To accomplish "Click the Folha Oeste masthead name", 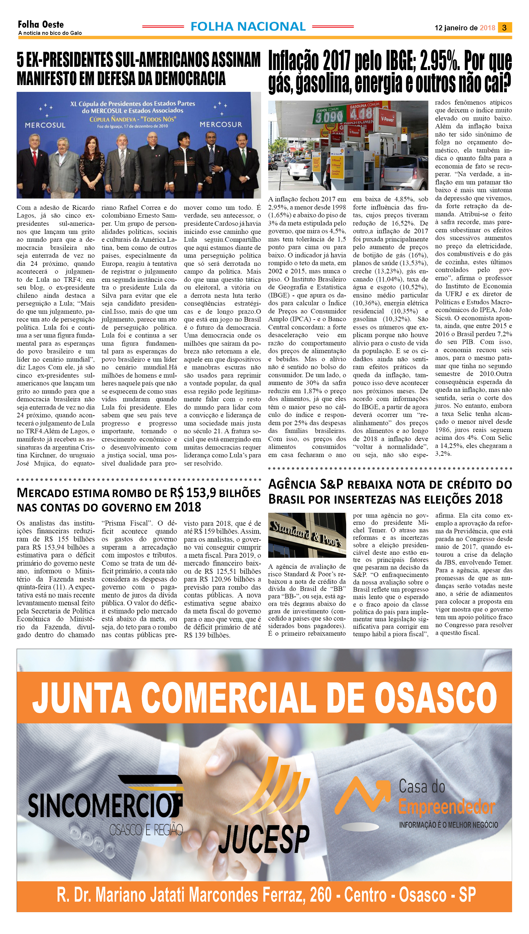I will (41, 24).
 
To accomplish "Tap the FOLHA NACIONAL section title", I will (248, 26).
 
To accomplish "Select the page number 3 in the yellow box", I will (504, 28).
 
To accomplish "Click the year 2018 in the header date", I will (487, 28).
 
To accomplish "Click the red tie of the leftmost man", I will (35, 158).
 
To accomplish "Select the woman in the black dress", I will (92, 167).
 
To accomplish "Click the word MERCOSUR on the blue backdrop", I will (221, 124).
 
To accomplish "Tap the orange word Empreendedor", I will (447, 807).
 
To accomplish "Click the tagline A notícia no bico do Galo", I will (50, 33).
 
